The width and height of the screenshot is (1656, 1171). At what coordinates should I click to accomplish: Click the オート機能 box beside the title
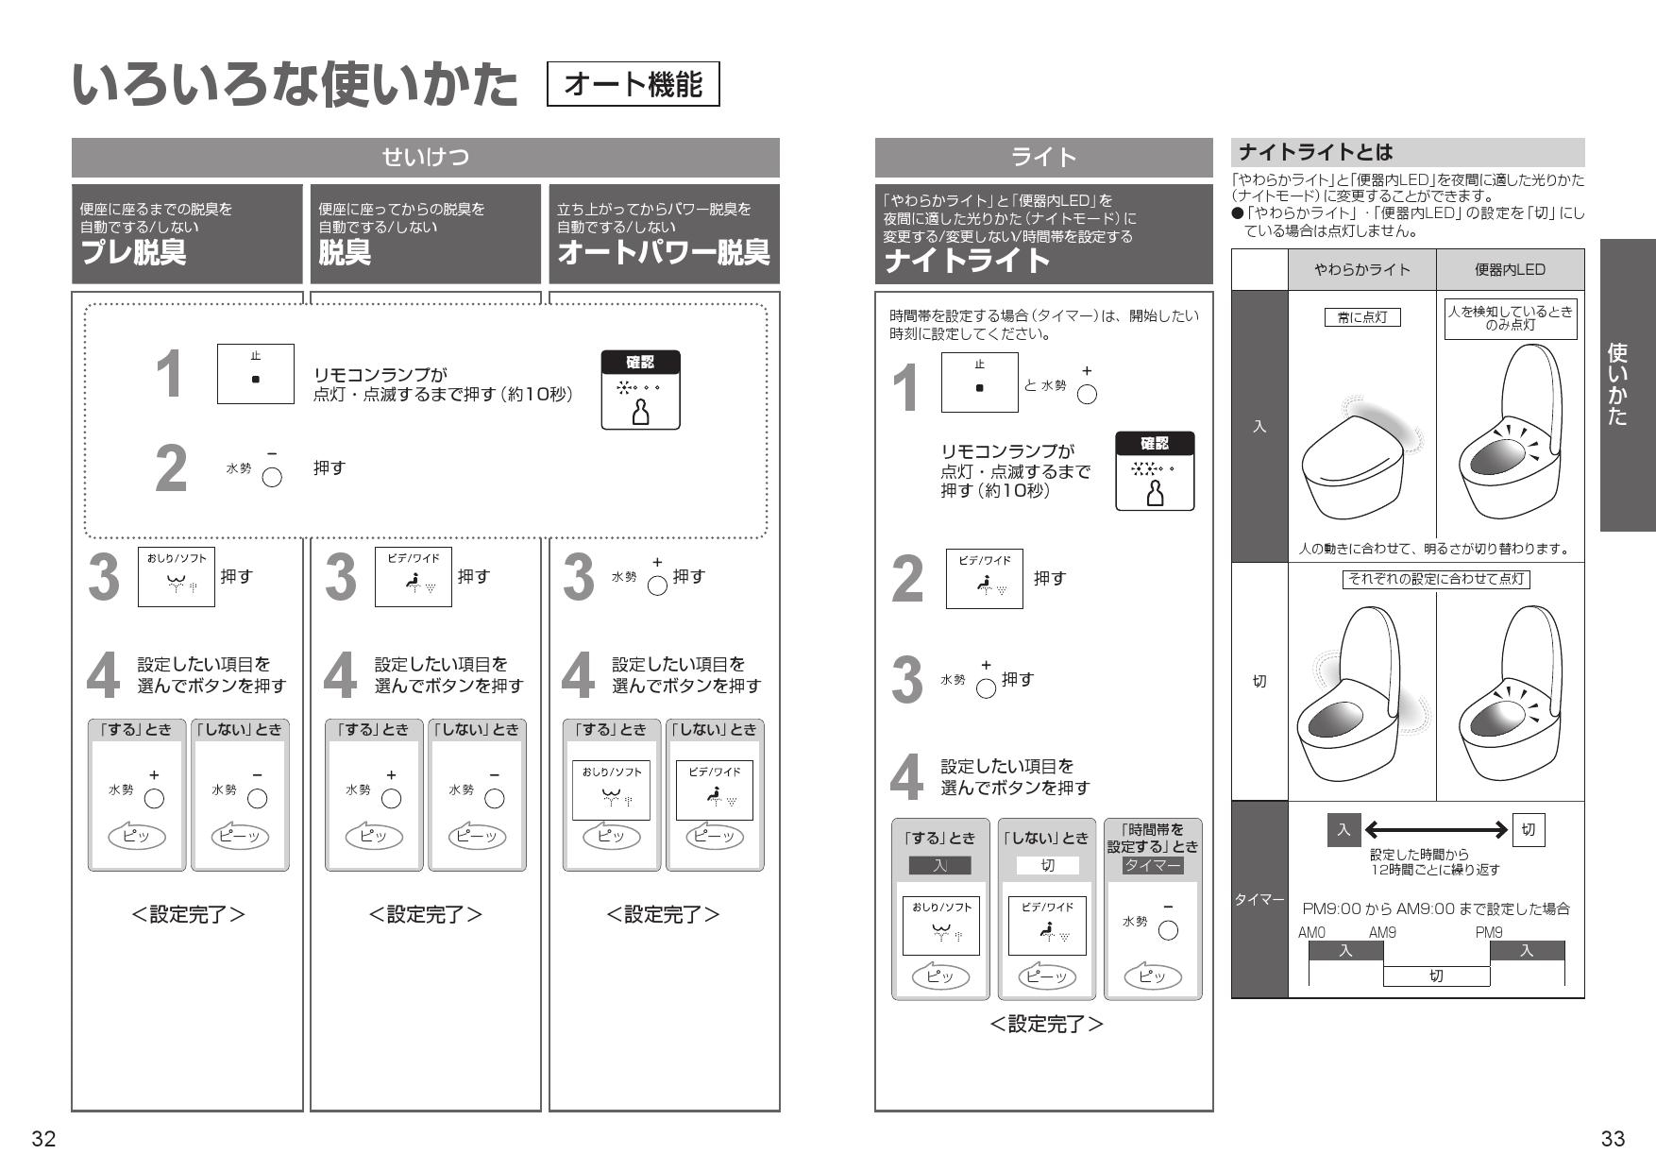pos(633,85)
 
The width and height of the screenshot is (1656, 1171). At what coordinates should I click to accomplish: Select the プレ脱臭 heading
pos(134,253)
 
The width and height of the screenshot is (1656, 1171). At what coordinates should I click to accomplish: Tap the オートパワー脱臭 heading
pos(663,253)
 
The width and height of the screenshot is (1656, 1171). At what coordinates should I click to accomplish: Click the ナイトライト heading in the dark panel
pos(967,261)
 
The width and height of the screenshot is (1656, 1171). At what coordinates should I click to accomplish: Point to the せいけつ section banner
pos(425,157)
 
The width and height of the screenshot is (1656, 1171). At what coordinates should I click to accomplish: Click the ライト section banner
pos(1043,157)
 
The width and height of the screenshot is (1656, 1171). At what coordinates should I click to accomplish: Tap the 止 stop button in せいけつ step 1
pos(255,374)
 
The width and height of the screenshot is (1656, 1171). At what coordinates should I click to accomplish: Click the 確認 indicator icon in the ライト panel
pos(1154,471)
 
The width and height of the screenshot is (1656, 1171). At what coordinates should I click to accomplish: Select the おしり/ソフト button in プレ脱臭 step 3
pos(176,576)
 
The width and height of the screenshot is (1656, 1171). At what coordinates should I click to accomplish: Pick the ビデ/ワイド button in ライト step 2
pos(984,578)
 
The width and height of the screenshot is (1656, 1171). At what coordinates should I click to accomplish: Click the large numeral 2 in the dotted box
pos(171,469)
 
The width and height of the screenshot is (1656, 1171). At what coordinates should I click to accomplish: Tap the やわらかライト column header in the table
pos(1361,270)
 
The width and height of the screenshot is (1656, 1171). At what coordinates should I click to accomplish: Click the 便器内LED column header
pos(1510,270)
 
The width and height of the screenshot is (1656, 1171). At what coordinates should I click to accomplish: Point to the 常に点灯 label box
pos(1361,317)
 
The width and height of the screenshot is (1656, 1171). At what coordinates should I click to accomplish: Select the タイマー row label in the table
pos(1259,900)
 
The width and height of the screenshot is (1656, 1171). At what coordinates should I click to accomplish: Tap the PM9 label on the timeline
pos(1489,932)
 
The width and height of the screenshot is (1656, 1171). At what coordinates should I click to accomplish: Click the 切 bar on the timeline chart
pos(1436,976)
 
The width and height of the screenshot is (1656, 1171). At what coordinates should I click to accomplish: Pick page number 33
pos(1613,1139)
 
